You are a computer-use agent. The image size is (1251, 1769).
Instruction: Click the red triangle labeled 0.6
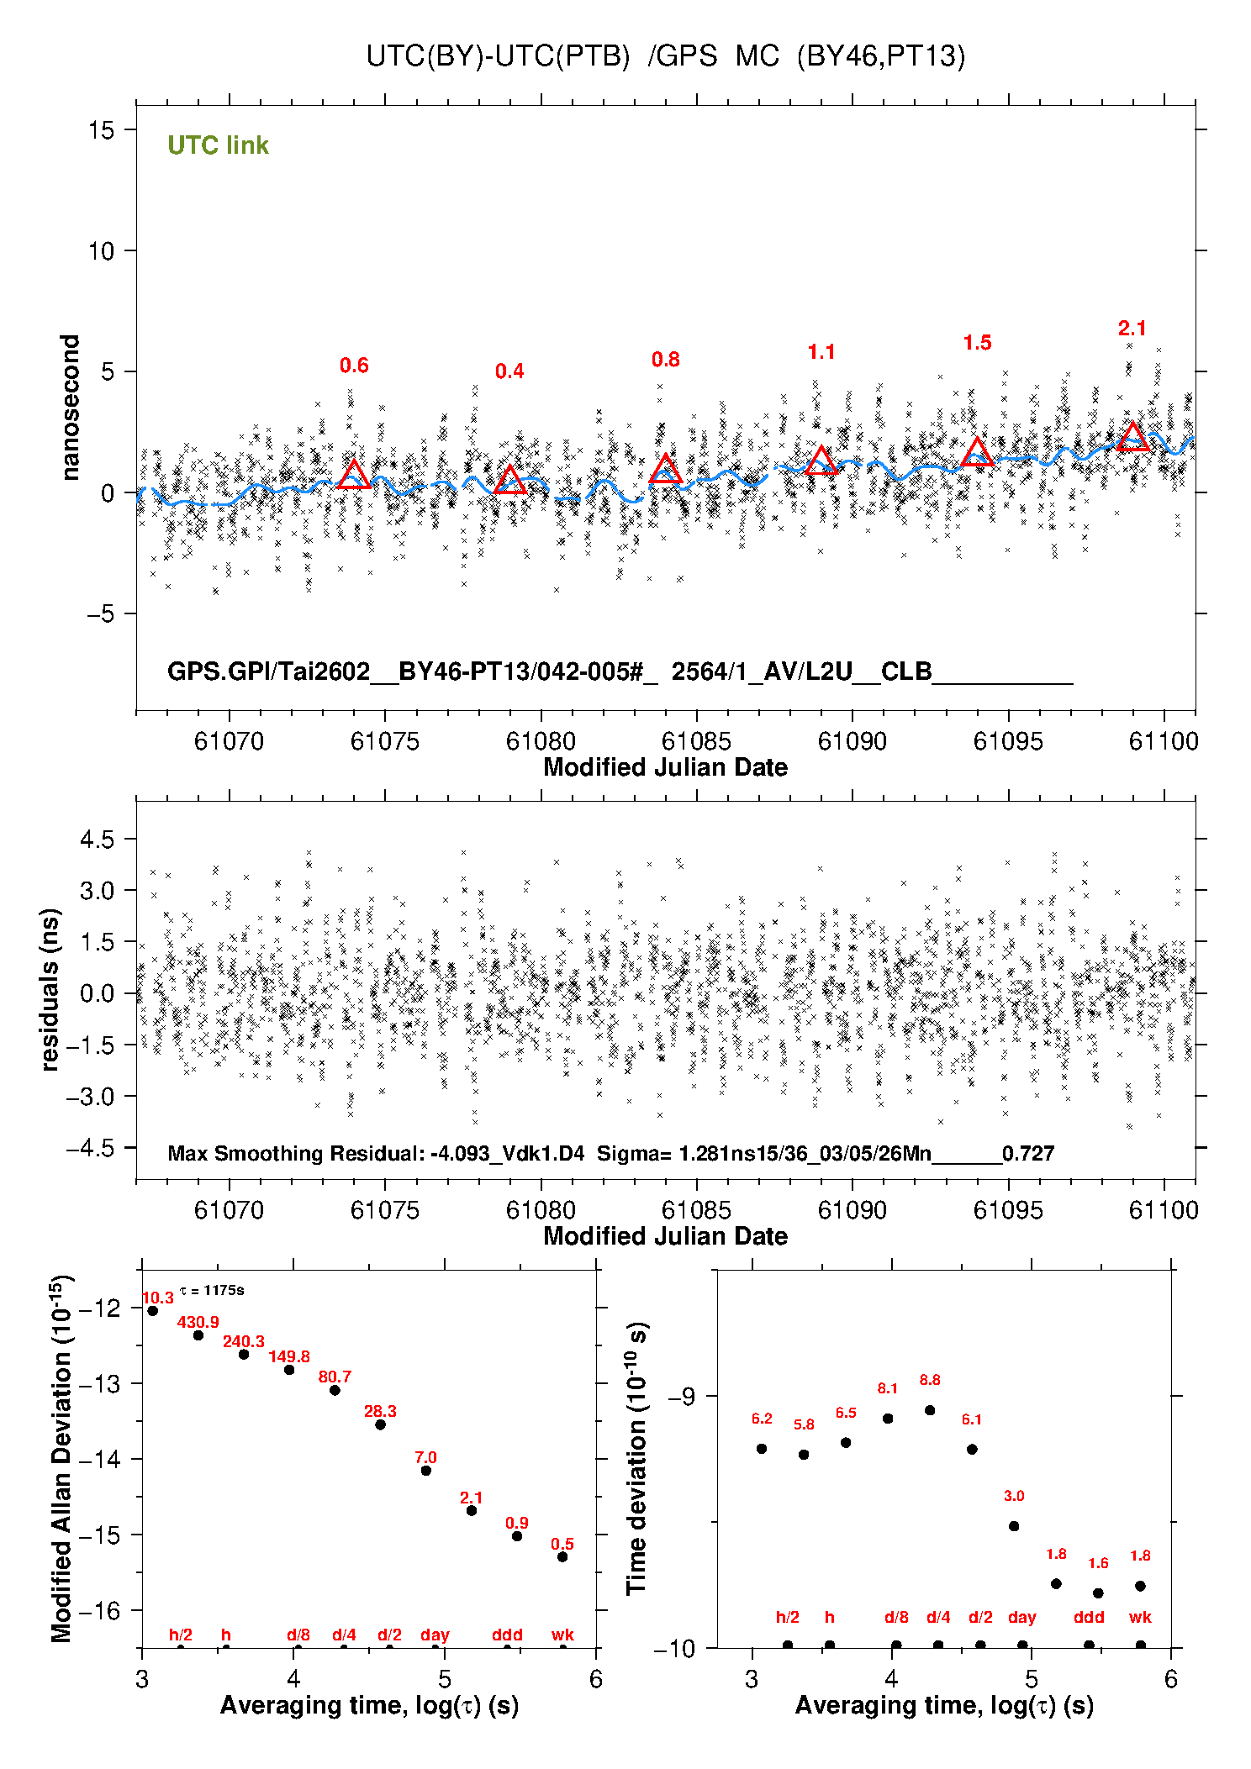(354, 476)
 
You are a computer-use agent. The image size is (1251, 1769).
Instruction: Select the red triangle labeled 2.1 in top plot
(1132, 438)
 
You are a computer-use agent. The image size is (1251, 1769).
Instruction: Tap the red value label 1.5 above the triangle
(977, 343)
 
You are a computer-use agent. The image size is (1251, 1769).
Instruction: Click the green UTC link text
(218, 145)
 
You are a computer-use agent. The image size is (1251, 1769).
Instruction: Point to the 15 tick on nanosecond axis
(101, 130)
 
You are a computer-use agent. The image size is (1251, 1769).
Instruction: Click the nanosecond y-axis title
(71, 408)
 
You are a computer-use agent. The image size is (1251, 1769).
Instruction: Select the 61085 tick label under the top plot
(696, 741)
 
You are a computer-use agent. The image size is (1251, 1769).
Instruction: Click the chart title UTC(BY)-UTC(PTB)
(498, 56)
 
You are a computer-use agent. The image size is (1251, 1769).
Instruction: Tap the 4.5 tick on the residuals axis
(97, 840)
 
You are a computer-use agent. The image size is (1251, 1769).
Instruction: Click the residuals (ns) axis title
(50, 989)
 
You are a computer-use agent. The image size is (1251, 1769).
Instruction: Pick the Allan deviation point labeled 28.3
(380, 1424)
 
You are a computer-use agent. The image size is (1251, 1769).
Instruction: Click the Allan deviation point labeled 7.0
(426, 1471)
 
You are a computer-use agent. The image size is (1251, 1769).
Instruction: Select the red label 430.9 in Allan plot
(198, 1322)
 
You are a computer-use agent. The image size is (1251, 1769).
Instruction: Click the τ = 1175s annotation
(212, 1290)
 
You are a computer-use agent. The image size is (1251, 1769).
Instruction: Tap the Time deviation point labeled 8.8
(930, 1410)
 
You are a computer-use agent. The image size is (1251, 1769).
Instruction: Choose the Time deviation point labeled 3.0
(1014, 1526)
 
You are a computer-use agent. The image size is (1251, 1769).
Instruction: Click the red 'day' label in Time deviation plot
(1021, 1617)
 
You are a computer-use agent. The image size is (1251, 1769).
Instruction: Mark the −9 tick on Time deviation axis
(681, 1397)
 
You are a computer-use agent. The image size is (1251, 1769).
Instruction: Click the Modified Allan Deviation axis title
(61, 1458)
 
